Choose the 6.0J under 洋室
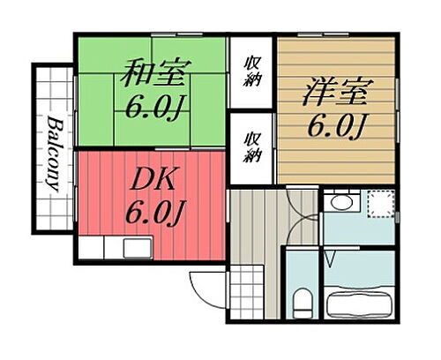click(x=337, y=126)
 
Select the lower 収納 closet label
click(x=252, y=146)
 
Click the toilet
click(x=302, y=302)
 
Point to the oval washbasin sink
click(x=337, y=204)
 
